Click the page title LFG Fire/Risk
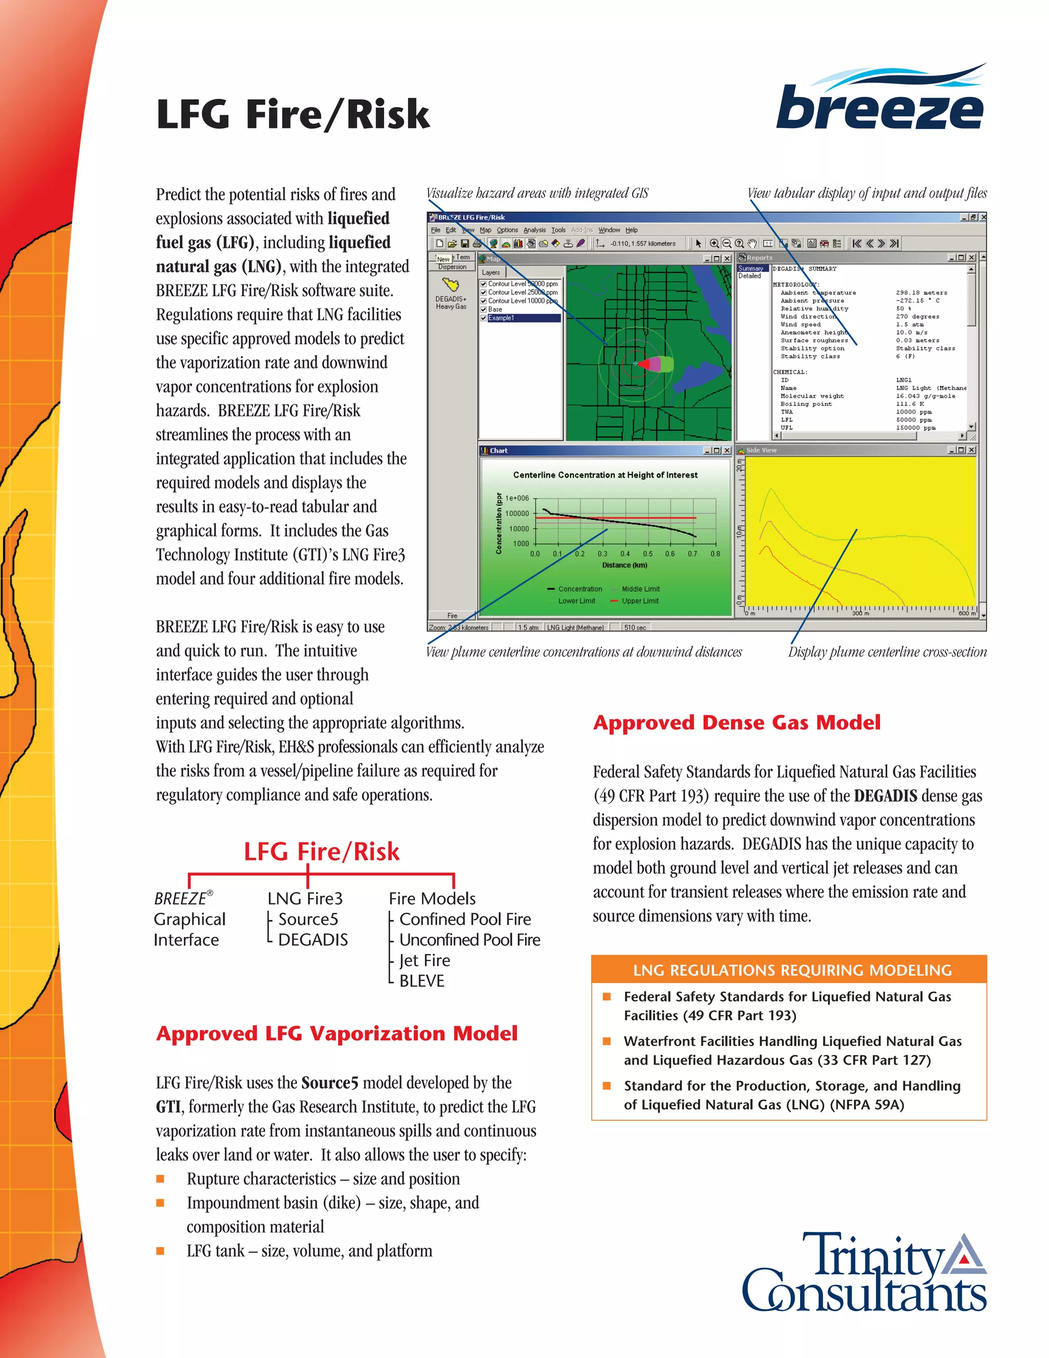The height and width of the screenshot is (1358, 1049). tap(292, 114)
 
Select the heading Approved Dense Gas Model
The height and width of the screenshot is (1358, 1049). tap(737, 723)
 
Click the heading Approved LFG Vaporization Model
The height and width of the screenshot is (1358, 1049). tap(336, 1034)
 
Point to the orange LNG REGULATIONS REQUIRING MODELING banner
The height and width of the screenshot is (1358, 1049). tap(789, 970)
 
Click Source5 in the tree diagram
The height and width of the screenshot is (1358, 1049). tap(308, 919)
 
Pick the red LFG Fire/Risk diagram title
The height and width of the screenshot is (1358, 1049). tap(321, 851)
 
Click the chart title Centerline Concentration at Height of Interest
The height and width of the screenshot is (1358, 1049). tap(605, 475)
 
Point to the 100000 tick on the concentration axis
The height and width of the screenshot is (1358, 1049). tap(516, 513)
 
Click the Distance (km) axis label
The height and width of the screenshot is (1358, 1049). tap(624, 565)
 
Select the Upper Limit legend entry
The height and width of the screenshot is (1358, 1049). tap(639, 601)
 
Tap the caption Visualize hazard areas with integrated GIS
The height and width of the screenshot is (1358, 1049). tap(537, 193)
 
